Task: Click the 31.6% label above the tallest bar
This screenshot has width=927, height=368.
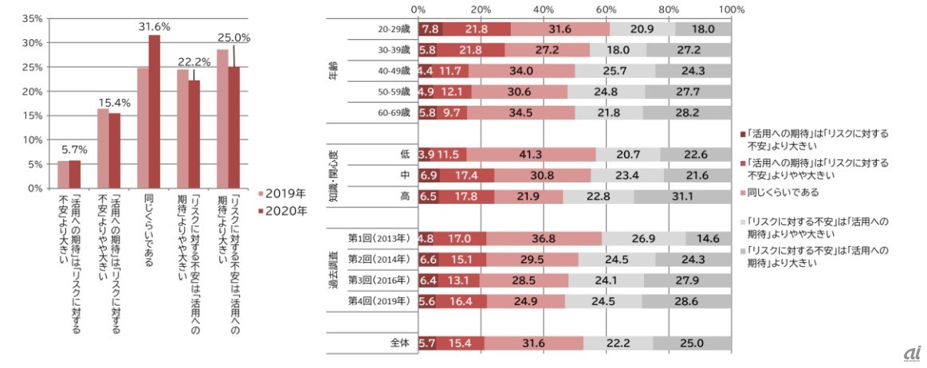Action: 154,27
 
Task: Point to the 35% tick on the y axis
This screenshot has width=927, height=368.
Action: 32,18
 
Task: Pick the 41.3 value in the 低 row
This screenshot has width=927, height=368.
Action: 531,153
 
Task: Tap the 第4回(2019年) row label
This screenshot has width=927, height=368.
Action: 379,301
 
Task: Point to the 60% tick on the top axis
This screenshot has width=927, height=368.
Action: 606,10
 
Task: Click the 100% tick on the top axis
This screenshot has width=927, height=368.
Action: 731,10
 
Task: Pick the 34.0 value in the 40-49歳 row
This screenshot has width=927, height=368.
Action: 521,72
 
